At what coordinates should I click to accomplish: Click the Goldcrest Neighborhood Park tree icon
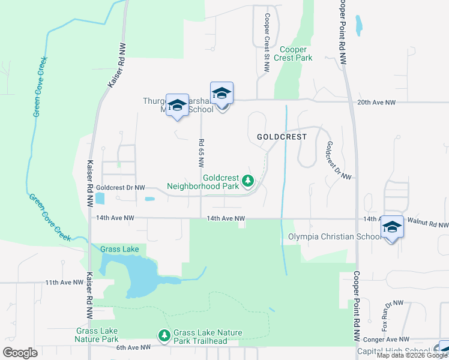[247, 180]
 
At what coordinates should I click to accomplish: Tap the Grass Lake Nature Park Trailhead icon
[163, 334]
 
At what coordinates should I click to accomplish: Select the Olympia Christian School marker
[392, 227]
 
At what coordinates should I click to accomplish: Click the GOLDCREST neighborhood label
[282, 137]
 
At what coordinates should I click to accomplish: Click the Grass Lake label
[119, 249]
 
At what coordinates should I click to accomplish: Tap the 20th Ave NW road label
[376, 103]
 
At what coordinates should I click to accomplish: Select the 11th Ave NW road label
[63, 282]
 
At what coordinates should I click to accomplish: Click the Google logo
[20, 353]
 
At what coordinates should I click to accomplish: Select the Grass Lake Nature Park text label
[97, 335]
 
